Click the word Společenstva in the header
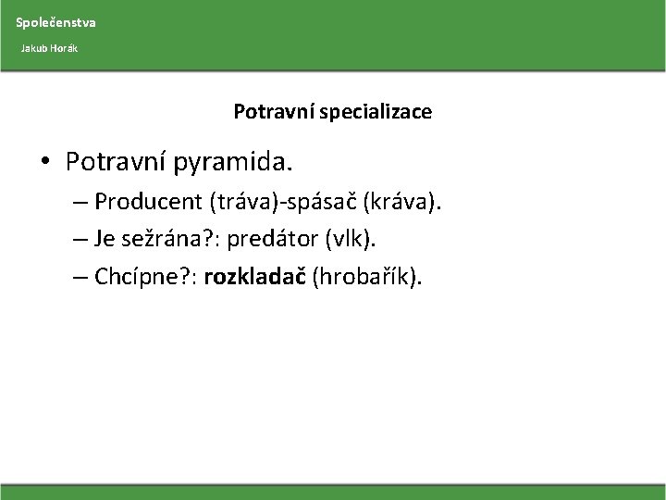coord(55,21)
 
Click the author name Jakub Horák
coord(50,47)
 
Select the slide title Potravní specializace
coord(332,112)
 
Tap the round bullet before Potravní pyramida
coord(45,163)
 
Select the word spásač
coord(321,201)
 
